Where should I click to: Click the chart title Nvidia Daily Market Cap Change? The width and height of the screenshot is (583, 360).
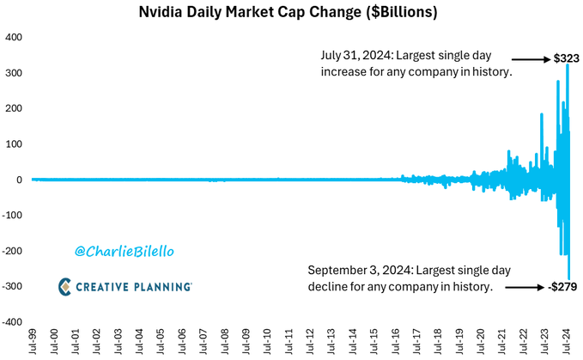point(291,14)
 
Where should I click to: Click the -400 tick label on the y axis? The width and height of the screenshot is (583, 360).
point(11,322)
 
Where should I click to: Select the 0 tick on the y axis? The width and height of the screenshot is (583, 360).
point(18,180)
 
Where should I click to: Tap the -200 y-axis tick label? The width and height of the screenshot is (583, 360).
point(11,251)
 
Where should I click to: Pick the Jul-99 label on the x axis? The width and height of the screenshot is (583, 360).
point(32,341)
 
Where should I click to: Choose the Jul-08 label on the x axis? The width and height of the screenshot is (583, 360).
point(225,341)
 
